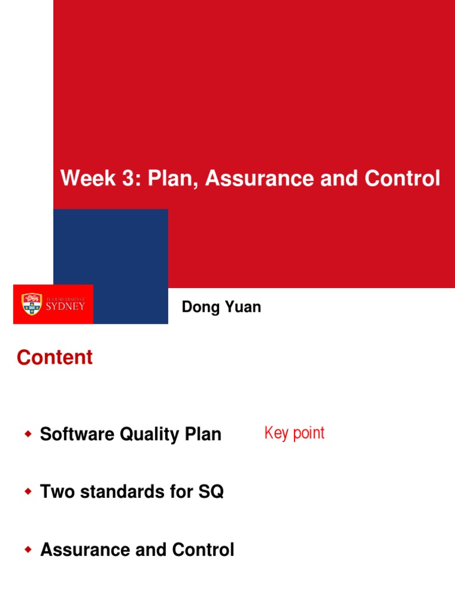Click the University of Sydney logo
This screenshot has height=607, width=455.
pyautogui.click(x=53, y=305)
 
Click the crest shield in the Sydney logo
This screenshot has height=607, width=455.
pyautogui.click(x=32, y=304)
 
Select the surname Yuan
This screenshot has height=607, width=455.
pyautogui.click(x=242, y=307)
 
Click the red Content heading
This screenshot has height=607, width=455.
pyautogui.click(x=55, y=357)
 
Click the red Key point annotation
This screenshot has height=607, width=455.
pyautogui.click(x=294, y=433)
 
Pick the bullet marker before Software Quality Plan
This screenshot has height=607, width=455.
pyautogui.click(x=27, y=435)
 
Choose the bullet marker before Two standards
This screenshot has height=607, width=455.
pyautogui.click(x=27, y=492)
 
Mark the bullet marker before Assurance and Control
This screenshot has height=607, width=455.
pyautogui.click(x=27, y=550)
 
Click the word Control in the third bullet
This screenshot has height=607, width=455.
pyautogui.click(x=203, y=550)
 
